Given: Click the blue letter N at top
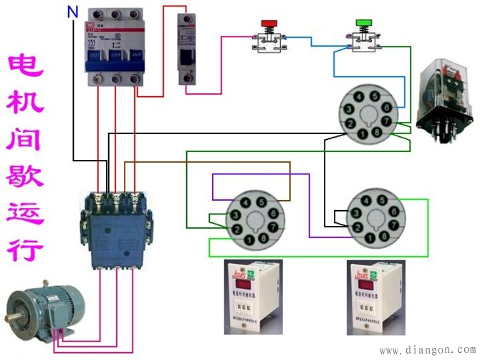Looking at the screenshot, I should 71,12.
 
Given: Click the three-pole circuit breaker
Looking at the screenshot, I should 115,47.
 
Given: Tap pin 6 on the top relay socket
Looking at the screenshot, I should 385,108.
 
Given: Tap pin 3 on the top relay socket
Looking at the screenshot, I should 346,108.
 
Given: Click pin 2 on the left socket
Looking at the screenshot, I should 234,228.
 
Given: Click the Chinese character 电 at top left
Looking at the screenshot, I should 25,68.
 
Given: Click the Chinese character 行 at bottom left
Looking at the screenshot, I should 25,251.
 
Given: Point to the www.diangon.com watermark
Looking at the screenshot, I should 426,351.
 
